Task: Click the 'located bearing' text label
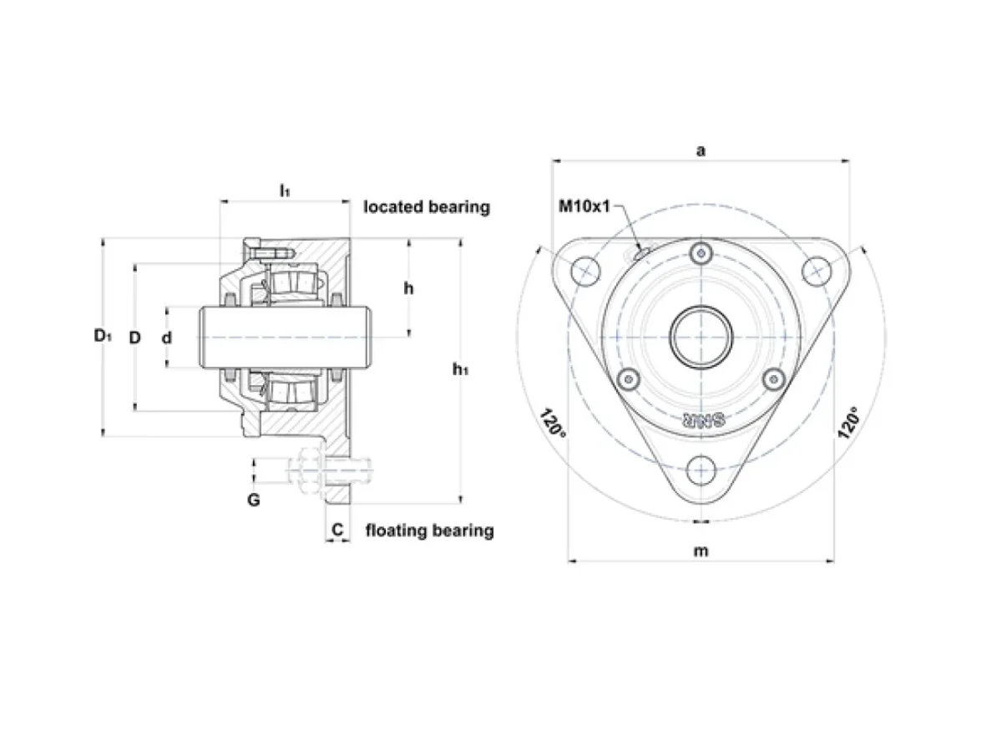click(427, 207)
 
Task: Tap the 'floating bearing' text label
click(429, 531)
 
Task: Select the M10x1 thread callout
click(584, 206)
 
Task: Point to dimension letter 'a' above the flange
click(701, 150)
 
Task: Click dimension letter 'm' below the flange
click(701, 551)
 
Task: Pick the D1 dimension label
click(103, 336)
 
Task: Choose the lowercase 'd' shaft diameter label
click(167, 338)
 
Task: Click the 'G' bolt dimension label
click(254, 500)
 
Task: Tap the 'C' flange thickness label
click(337, 530)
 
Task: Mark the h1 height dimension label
click(460, 369)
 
